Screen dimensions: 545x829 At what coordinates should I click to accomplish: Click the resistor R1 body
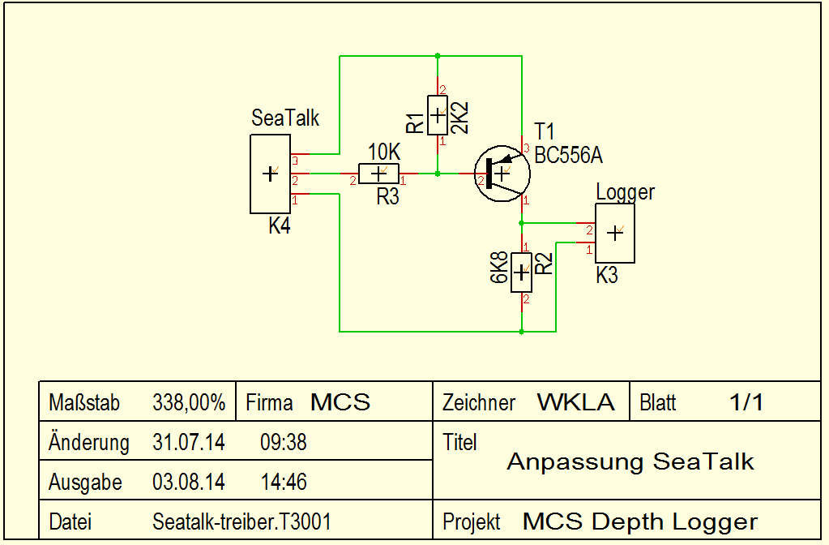tap(438, 114)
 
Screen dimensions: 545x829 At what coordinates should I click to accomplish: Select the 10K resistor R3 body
tap(378, 174)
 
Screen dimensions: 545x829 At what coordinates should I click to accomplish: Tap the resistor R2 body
tap(521, 272)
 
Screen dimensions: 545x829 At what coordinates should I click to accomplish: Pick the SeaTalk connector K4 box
tap(270, 174)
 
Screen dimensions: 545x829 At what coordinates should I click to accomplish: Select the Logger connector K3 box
tap(615, 233)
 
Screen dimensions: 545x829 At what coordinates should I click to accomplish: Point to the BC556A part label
tap(568, 156)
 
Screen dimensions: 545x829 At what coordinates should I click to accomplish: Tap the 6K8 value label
tap(500, 267)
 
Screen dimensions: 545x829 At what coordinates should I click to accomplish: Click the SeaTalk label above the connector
tap(285, 118)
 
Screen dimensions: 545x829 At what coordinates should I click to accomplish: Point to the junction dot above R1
tap(438, 56)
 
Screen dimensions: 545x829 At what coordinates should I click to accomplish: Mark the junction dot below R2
tap(521, 332)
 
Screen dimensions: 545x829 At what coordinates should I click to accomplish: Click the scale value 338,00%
tap(189, 402)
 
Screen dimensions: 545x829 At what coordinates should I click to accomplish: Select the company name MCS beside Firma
tap(340, 402)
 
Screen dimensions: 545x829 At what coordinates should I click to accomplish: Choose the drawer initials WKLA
tap(575, 402)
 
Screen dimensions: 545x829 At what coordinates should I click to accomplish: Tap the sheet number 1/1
tap(746, 402)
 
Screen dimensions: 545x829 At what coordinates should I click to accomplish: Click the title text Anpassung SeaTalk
tap(630, 462)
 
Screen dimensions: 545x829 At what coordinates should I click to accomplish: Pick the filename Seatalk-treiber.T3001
tap(241, 521)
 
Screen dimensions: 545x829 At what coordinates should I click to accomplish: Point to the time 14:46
tap(284, 483)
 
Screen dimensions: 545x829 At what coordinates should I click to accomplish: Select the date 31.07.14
tap(189, 443)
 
